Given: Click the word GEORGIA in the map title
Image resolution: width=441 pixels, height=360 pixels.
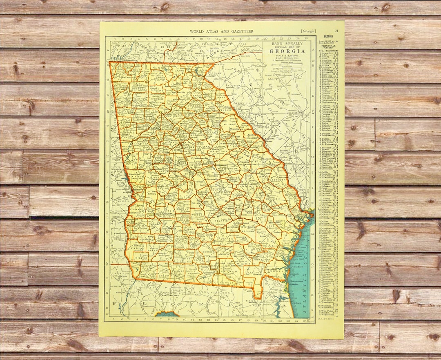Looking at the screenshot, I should click(287, 51).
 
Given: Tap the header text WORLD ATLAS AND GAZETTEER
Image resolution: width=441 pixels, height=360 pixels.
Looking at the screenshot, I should click(222, 31).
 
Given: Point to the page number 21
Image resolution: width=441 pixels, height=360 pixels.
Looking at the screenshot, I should click(336, 31).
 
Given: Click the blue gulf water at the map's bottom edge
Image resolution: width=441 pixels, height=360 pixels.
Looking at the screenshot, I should click(167, 314).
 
